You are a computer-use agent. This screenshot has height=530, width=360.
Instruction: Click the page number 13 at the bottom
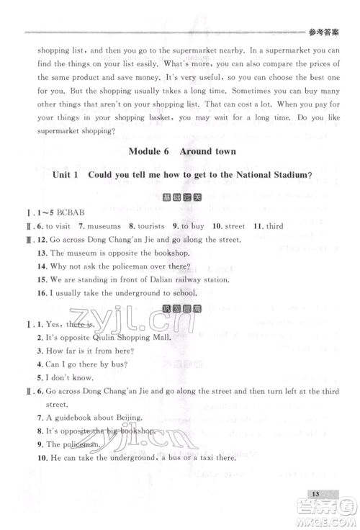click(316, 493)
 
